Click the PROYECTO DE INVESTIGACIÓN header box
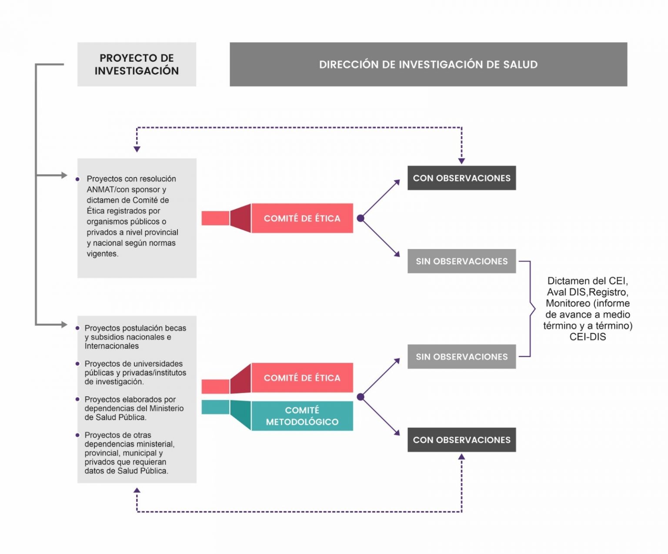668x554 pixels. click(x=137, y=64)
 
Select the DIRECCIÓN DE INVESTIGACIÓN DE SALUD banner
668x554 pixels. click(x=428, y=64)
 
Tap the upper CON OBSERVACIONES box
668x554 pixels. click(x=462, y=178)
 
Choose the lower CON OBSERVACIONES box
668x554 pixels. click(x=462, y=440)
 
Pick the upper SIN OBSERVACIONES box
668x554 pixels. click(x=462, y=261)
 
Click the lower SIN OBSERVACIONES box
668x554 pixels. click(x=462, y=357)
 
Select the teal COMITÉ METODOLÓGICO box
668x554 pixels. click(x=302, y=416)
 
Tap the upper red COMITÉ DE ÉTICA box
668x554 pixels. click(x=302, y=218)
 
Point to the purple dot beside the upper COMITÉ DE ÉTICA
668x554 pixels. click(x=361, y=218)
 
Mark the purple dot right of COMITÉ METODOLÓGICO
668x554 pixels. click(x=361, y=397)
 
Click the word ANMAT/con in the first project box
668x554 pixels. click(x=107, y=189)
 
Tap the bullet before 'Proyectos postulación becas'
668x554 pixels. click(x=77, y=328)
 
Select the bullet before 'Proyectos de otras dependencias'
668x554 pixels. click(x=77, y=435)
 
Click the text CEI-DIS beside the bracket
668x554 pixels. click(x=588, y=337)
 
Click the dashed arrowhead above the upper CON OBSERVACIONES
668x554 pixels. click(x=461, y=162)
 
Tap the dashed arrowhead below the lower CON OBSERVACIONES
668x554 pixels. click(x=461, y=457)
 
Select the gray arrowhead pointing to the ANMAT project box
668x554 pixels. click(x=64, y=175)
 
